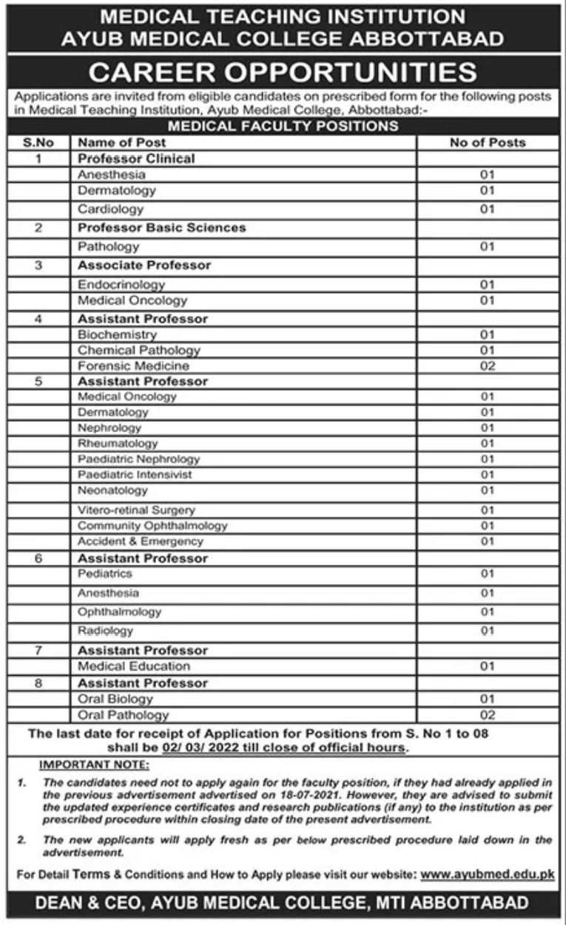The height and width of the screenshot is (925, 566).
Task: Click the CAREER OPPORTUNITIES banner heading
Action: [283, 73]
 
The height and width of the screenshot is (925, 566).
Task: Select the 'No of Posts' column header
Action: [487, 142]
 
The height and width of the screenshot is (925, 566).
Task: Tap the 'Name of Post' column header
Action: [122, 142]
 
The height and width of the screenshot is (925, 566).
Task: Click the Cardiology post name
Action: [111, 209]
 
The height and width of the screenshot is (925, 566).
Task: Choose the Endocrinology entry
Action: [121, 284]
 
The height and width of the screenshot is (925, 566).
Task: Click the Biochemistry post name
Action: [118, 334]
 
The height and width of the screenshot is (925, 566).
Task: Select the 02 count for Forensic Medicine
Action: [487, 366]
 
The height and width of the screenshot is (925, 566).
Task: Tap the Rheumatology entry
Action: [118, 443]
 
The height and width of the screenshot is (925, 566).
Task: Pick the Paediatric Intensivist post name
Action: [135, 474]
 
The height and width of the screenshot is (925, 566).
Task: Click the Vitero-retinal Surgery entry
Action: [136, 510]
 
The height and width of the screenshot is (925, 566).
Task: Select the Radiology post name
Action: [106, 630]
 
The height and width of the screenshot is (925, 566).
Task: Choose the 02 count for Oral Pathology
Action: [487, 715]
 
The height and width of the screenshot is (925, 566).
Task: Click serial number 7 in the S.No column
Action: [38, 650]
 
